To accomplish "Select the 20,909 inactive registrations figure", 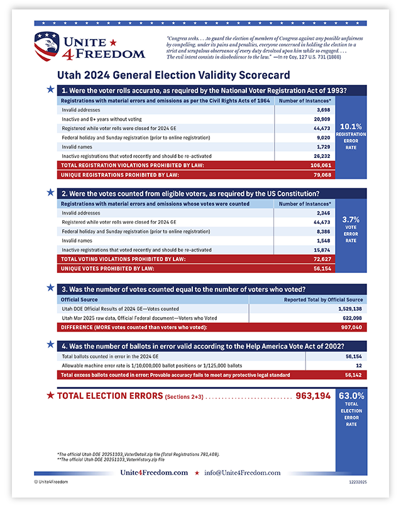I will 321,119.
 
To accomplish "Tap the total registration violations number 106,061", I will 320,165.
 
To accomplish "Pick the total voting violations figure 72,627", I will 321,259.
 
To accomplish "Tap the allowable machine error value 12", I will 358,365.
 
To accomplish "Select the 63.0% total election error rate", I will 351,396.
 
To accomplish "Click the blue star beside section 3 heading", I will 50,288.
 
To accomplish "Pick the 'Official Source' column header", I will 79,299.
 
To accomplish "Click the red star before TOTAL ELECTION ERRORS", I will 50,396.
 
